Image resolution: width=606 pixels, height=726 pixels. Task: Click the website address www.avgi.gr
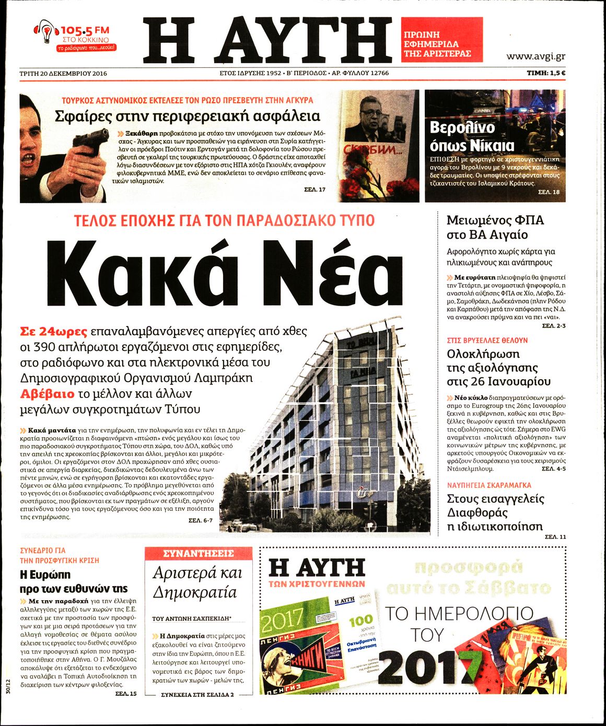[x=535, y=57]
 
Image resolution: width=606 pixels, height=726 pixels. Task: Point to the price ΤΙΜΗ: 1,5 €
[x=546, y=74]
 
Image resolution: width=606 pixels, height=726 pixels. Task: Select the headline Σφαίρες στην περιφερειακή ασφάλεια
[x=187, y=116]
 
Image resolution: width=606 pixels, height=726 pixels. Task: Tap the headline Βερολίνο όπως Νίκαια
[x=472, y=136]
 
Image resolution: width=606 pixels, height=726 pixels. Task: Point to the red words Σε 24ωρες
[x=53, y=331]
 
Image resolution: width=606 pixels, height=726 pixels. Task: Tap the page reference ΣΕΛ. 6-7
[x=201, y=521]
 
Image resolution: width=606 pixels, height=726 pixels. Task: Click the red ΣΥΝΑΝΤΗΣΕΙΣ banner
[x=199, y=554]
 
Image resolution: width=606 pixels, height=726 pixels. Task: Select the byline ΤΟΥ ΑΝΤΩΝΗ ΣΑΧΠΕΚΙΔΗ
[x=191, y=618]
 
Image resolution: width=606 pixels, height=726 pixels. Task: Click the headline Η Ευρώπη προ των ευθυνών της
[x=73, y=581]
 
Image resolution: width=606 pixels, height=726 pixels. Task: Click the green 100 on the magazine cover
[x=361, y=622]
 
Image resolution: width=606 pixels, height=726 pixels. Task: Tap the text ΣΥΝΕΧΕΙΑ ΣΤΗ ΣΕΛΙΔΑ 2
[x=197, y=695]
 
